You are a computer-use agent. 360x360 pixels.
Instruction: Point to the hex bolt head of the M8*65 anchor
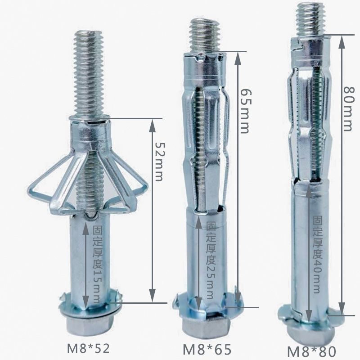point(200,326)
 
